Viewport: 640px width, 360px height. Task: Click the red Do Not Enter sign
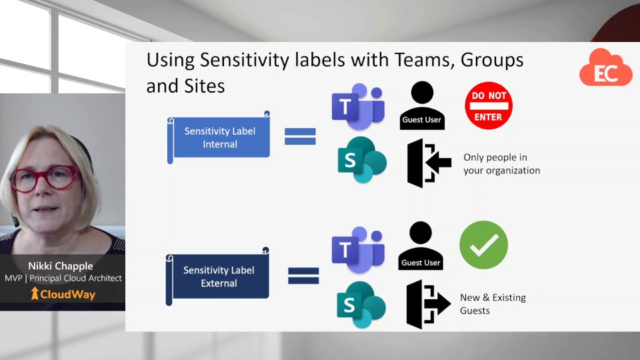[489, 105]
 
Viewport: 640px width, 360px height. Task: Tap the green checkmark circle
[483, 245]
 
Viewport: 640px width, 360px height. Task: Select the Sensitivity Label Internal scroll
[219, 137]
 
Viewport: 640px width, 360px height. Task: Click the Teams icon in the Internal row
[358, 107]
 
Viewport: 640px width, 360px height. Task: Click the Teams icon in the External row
[358, 249]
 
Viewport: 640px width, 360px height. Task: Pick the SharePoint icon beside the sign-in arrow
[362, 159]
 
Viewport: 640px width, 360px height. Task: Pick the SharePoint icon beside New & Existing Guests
[361, 303]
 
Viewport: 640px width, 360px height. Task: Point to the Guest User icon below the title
[422, 105]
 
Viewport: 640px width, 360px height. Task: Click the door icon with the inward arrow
[429, 163]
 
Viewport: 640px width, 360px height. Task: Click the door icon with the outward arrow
[428, 304]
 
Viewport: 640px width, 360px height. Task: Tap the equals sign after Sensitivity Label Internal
[300, 136]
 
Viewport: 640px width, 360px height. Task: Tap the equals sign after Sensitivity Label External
[303, 275]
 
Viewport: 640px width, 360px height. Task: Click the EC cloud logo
[605, 68]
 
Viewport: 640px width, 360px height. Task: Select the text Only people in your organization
[501, 164]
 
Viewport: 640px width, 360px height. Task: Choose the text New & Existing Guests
[493, 304]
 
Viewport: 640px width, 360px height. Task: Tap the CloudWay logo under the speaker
[63, 294]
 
